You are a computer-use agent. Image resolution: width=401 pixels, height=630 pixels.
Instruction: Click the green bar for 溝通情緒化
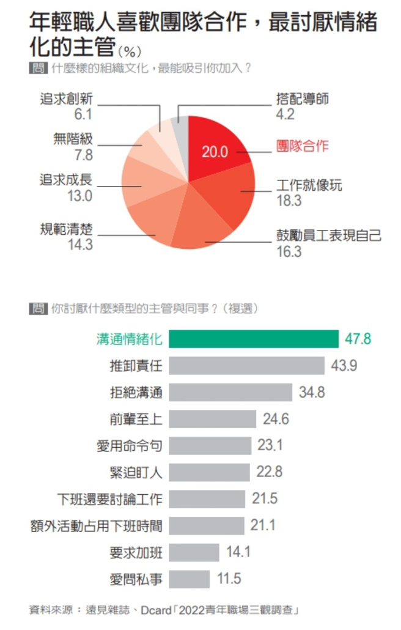point(254,339)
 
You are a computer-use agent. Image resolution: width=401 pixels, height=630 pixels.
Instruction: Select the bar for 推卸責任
point(246,366)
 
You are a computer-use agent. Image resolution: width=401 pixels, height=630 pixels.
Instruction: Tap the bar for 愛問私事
point(189,579)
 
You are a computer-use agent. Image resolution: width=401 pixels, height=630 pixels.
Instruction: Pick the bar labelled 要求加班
point(194,552)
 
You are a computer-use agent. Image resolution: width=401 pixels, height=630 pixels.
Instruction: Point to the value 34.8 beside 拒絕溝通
point(312,392)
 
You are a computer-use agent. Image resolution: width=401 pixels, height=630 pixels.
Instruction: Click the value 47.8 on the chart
point(358,339)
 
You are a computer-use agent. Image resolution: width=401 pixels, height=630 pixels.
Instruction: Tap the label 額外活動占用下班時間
point(96,525)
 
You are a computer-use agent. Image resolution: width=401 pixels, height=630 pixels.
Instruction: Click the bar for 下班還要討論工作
point(207,499)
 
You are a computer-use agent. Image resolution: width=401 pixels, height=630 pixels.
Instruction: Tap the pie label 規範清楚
point(66,231)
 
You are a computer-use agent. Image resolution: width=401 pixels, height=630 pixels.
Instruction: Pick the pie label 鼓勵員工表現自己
point(329,235)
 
